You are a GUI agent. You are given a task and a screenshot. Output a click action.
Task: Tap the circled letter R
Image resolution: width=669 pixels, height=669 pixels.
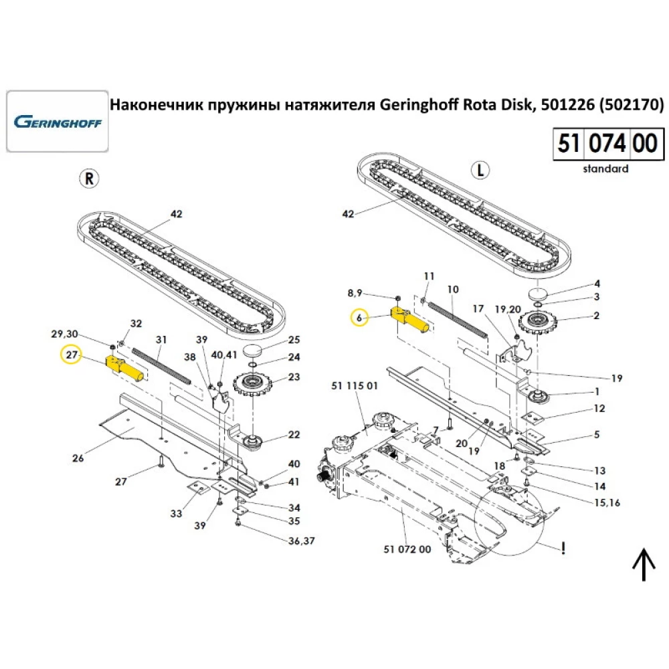tap(88, 178)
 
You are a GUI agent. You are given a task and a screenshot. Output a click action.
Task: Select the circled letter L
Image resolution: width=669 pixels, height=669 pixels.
tap(479, 170)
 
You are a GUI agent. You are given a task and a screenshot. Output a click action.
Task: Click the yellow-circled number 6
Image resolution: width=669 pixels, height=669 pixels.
tap(359, 318)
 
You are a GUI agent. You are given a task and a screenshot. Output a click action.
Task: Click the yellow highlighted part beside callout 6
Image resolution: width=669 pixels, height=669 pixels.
tap(409, 319)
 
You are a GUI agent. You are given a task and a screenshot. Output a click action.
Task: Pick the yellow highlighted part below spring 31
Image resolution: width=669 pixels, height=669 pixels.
tap(124, 367)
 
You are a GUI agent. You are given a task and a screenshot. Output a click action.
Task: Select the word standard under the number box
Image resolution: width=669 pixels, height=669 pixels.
tap(605, 169)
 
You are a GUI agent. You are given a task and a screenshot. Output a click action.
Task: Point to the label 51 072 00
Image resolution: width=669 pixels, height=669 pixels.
tap(407, 549)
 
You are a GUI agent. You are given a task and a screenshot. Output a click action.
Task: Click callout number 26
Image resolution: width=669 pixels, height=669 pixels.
tap(78, 458)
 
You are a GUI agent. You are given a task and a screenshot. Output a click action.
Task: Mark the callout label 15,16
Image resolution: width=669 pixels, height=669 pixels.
tap(605, 502)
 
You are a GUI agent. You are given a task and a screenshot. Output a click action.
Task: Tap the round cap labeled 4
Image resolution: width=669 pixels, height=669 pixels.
tap(538, 294)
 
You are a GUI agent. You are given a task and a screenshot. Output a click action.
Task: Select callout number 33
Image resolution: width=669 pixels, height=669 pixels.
tap(176, 514)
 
